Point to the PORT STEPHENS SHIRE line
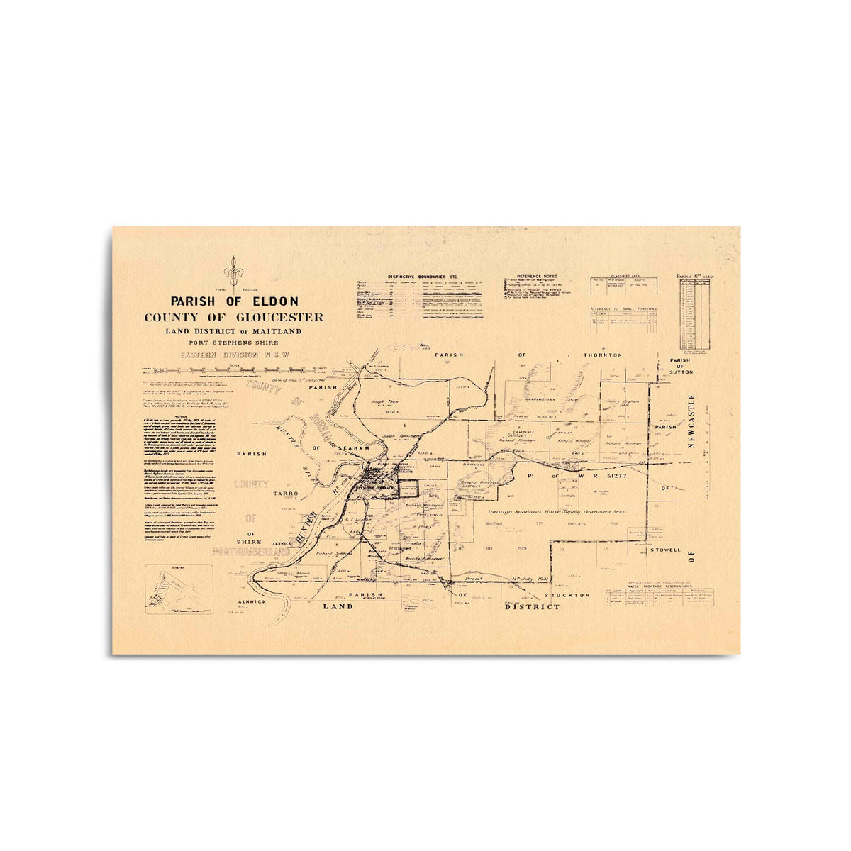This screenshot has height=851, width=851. point(234,343)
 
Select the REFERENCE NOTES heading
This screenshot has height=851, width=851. point(537,276)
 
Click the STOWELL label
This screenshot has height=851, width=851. point(664,550)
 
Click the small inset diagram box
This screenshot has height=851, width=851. point(177,588)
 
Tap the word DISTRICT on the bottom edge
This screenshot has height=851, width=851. point(532,607)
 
